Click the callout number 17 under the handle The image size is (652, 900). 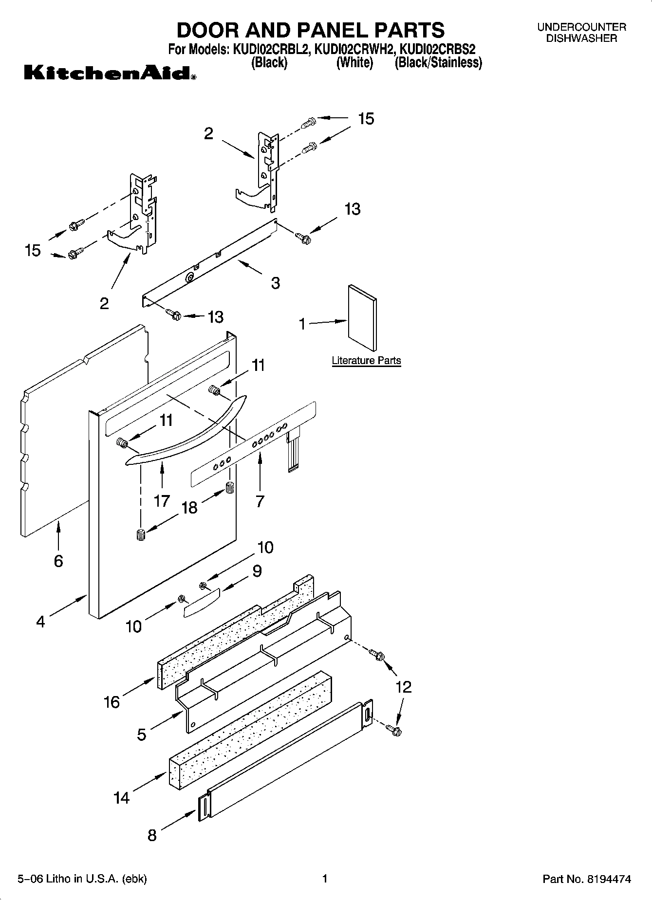162,500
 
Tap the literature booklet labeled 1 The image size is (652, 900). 362,318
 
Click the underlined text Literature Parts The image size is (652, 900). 366,361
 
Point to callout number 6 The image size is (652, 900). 58,561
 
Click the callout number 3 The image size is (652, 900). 276,283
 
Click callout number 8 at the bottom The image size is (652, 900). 152,836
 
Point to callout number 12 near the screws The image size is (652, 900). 404,687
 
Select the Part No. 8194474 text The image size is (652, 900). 587,879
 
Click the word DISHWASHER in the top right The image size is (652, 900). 581,38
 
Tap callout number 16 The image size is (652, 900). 112,702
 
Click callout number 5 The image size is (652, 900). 142,735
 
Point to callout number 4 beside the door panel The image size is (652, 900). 40,622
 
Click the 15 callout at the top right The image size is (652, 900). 366,118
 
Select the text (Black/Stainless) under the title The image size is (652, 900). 438,62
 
